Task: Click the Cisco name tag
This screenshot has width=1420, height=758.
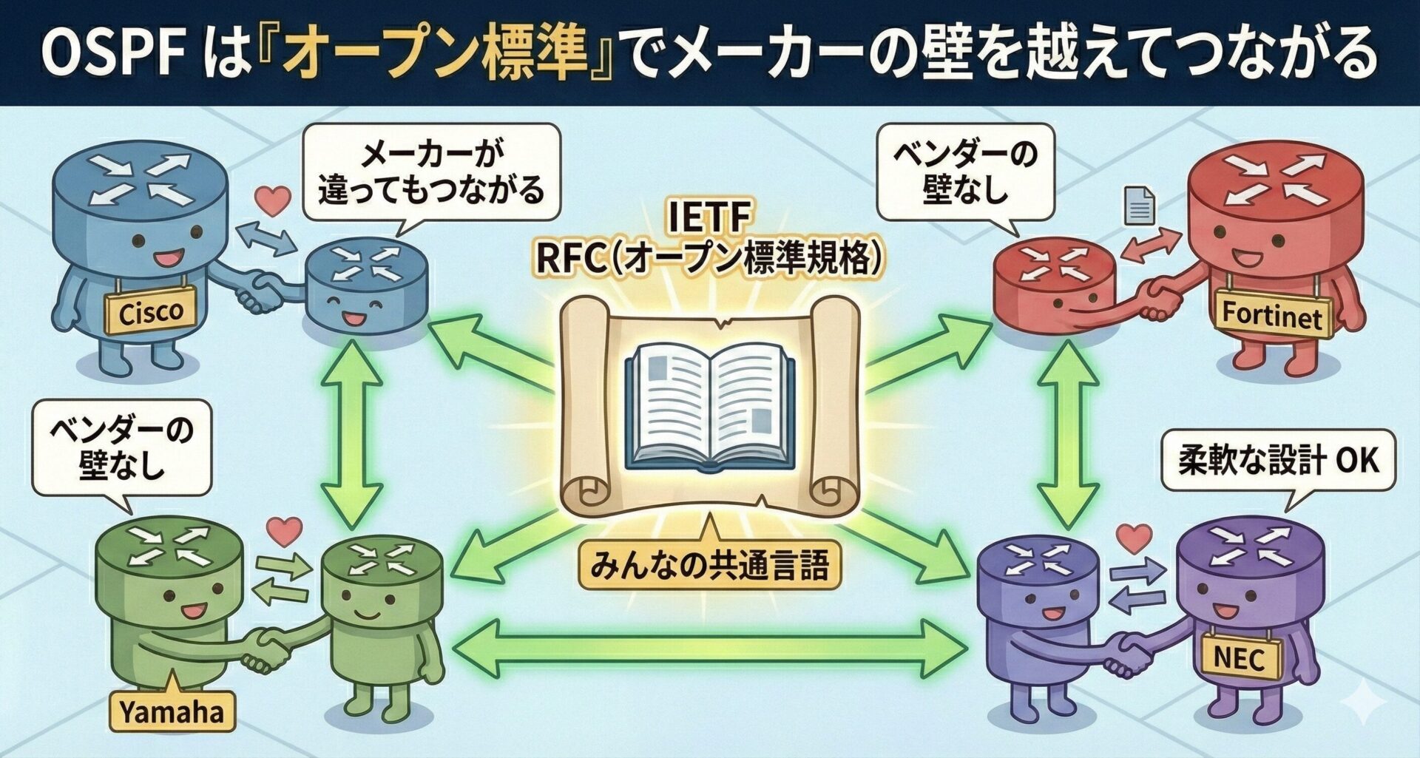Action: [150, 311]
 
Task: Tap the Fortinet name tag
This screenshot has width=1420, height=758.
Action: [1271, 314]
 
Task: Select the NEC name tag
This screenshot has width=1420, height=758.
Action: [1240, 656]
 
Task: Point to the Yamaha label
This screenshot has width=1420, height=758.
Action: [172, 712]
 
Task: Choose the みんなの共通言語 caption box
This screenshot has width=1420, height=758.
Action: [709, 566]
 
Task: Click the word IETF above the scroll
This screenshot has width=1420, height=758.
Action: [709, 218]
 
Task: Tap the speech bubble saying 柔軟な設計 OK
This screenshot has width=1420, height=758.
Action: [1278, 460]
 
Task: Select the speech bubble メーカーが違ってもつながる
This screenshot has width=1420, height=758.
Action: [431, 174]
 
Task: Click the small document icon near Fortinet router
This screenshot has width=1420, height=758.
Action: [1139, 205]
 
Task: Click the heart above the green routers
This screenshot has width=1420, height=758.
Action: [285, 530]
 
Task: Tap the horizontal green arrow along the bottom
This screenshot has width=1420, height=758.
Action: [709, 649]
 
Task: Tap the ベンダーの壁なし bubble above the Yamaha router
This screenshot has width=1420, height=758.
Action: [121, 449]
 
